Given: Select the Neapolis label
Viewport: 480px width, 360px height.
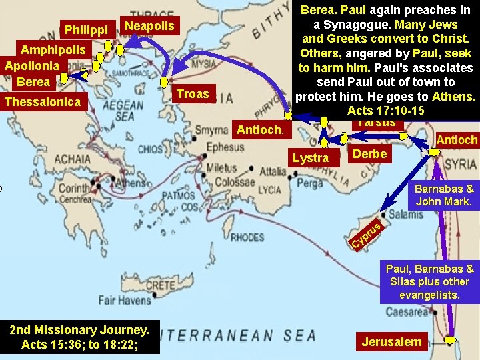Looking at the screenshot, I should tap(149, 26).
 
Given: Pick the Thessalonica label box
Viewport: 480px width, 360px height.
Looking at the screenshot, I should tap(43, 101).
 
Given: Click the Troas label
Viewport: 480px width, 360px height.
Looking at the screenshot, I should tap(193, 94).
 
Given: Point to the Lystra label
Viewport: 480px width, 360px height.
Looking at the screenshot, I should tap(311, 157).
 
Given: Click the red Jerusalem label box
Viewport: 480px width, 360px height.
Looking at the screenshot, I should tap(391, 342).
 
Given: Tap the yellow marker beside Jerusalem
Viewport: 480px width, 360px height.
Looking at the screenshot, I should tap(453, 341).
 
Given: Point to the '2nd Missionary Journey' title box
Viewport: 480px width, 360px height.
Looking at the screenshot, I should tap(80, 337).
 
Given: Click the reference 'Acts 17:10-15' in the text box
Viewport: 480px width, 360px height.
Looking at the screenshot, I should tap(385, 110).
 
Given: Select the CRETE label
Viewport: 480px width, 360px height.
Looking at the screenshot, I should tap(159, 285).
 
